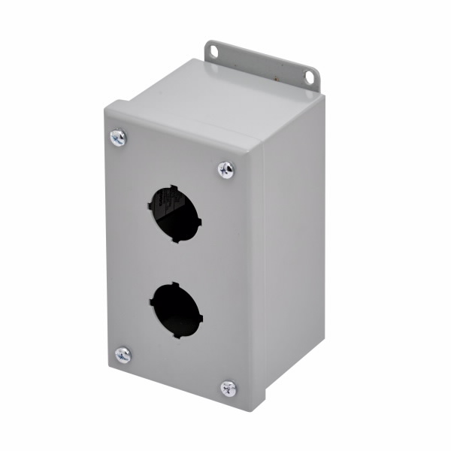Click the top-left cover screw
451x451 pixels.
coord(118,138)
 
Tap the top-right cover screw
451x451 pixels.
coord(225,170)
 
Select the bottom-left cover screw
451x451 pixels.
coord(123,354)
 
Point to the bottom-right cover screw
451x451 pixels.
coord(229,388)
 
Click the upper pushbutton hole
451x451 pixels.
coord(175,213)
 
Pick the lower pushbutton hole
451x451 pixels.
coord(176,310)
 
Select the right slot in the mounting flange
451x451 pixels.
coord(309,75)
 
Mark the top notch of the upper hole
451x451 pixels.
coord(172,188)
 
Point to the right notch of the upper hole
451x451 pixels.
coord(199,220)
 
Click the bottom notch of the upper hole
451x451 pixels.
coord(176,239)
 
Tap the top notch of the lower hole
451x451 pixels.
coord(174,284)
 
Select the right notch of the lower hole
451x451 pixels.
coord(201,316)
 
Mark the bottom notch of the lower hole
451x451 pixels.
coord(177,335)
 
